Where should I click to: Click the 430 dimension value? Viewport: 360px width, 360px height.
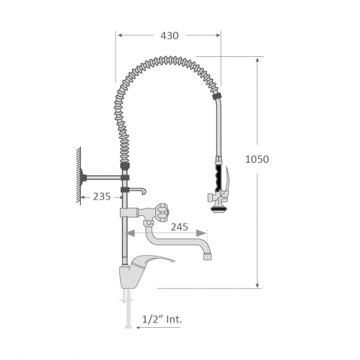(x=169, y=36)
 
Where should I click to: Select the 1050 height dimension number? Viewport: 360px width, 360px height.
(x=257, y=159)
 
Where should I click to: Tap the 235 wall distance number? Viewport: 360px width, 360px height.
(x=102, y=196)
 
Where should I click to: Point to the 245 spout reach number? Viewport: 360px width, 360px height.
(x=179, y=227)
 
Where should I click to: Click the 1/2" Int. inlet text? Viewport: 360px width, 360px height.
(x=162, y=319)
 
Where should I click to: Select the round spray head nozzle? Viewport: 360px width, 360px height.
(x=216, y=208)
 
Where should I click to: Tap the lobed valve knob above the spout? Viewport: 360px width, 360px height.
(x=162, y=212)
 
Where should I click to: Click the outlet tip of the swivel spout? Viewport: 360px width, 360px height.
(x=207, y=256)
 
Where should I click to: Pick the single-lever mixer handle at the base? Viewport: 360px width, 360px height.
(x=152, y=261)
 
